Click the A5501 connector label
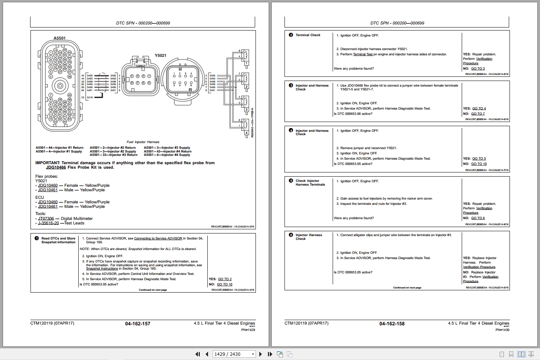(x=59, y=38)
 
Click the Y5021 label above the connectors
(x=160, y=55)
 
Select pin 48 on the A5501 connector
(x=69, y=76)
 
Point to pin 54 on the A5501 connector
(x=69, y=119)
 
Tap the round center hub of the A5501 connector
(x=60, y=86)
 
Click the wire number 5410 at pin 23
(x=90, y=98)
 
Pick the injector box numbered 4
(x=246, y=133)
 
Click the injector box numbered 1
(x=246, y=63)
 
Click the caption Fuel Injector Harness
(x=143, y=142)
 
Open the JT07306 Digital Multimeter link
(x=46, y=218)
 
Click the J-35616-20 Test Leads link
(x=48, y=223)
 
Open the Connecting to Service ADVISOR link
(x=158, y=238)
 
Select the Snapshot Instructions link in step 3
(x=102, y=268)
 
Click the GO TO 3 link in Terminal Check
(x=478, y=69)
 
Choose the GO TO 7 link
(x=478, y=114)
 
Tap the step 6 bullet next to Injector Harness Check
(x=291, y=235)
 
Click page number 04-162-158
(x=392, y=323)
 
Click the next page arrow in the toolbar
(x=260, y=354)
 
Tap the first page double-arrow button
(x=198, y=354)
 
